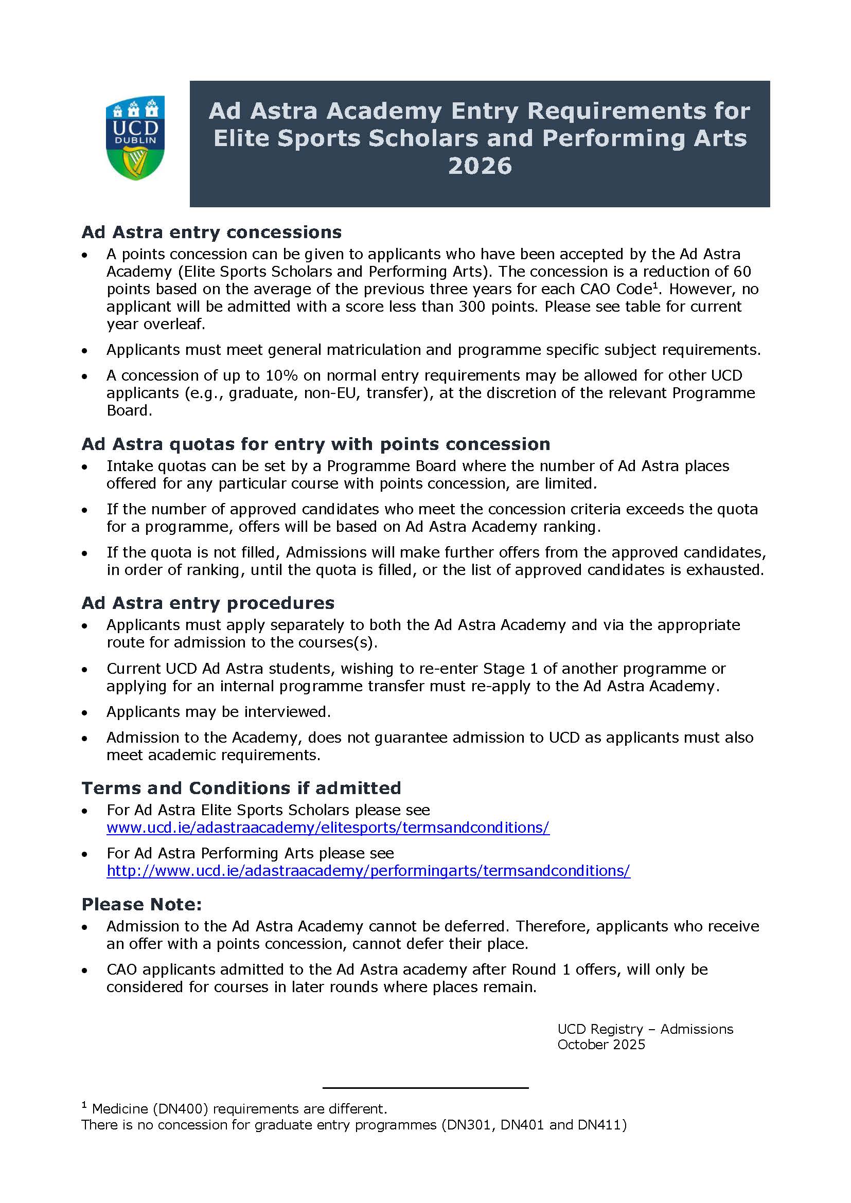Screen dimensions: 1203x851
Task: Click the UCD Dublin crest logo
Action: (135, 137)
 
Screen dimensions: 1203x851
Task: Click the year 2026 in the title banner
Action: (480, 166)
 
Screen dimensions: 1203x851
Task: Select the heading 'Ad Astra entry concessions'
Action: (211, 231)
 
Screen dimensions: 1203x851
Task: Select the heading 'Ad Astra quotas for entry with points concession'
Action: (315, 444)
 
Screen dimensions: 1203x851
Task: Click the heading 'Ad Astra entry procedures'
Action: (207, 603)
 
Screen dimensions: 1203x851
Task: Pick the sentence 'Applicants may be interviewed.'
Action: (219, 711)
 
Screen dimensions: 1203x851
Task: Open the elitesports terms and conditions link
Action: (328, 828)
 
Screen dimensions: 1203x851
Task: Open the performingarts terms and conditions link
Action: (368, 870)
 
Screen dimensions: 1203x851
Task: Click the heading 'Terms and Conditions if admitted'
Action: (241, 787)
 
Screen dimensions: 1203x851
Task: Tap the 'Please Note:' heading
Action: (141, 904)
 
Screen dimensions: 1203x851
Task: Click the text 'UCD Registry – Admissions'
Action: (645, 1029)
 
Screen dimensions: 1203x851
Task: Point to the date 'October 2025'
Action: (601, 1044)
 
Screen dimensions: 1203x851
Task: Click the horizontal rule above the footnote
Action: (425, 1088)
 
